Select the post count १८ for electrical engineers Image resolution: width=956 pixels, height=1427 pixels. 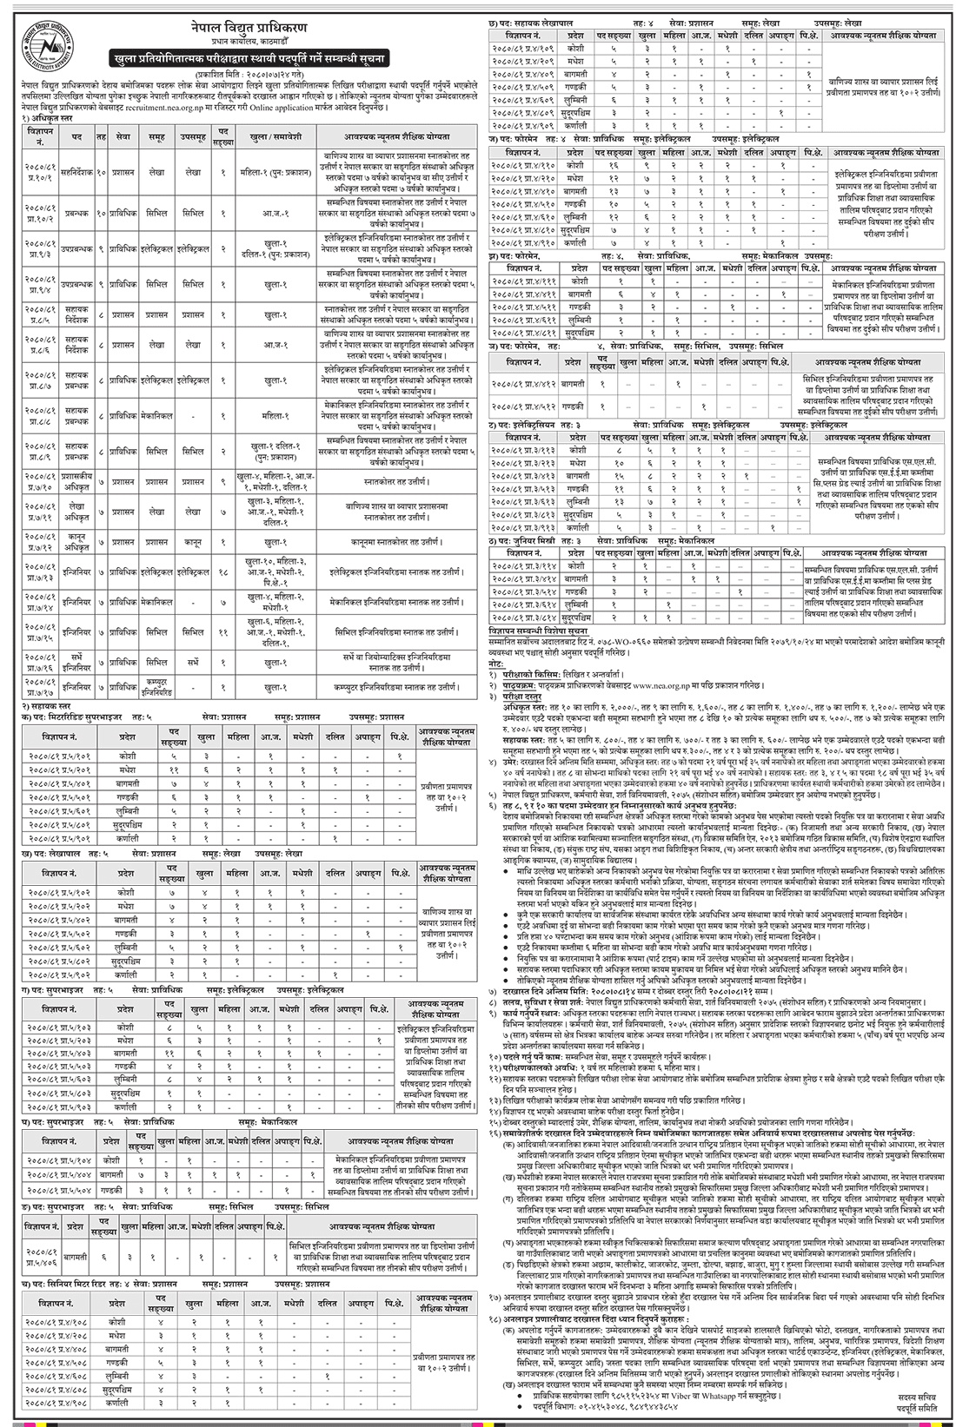pos(222,572)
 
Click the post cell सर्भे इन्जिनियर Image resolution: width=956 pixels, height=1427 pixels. pos(80,662)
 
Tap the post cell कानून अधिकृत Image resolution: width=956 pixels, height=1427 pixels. pos(80,542)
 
